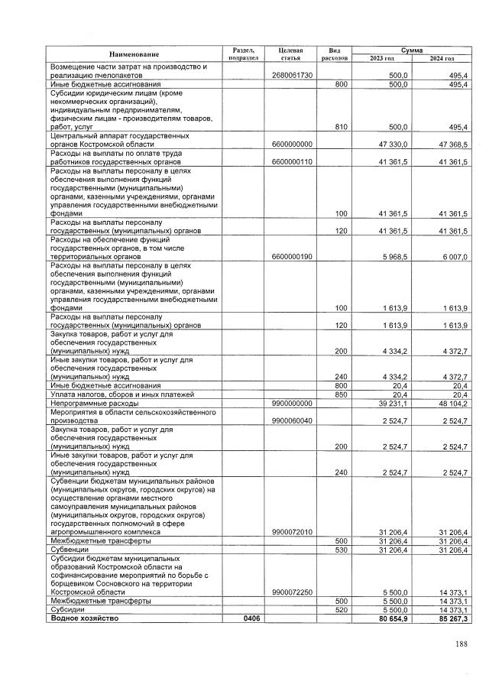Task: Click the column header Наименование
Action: click(134, 54)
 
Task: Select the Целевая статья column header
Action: click(293, 54)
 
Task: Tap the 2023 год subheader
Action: click(381, 58)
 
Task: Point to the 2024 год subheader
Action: click(441, 58)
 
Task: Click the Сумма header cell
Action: click(411, 49)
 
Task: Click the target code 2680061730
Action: click(293, 76)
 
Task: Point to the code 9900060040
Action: click(293, 420)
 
